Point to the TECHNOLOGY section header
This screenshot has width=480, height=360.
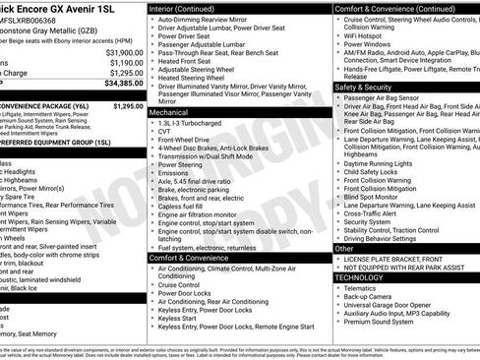pos(361,277)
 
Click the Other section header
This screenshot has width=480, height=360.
pos(344,249)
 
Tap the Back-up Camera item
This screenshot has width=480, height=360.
pos(370,299)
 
